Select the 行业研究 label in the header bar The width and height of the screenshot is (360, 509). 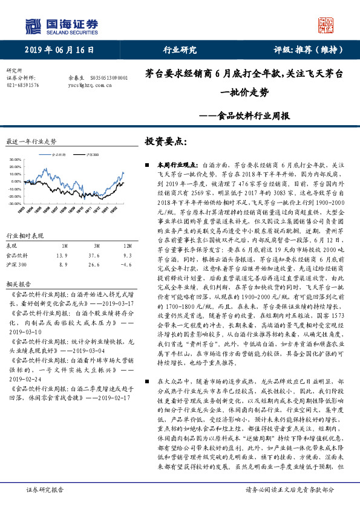point(180,50)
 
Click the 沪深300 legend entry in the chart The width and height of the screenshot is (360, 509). point(91,155)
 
